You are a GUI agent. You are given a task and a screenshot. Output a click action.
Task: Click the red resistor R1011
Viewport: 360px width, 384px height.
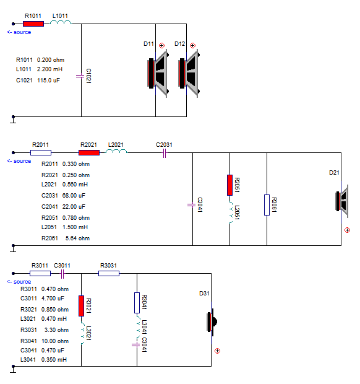(33, 24)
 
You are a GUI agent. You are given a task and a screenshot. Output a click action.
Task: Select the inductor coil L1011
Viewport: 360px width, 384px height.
(61, 22)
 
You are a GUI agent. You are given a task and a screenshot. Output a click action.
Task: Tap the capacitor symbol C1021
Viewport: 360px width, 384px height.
(80, 76)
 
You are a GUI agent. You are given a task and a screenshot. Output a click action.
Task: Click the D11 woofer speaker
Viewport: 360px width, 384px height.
(158, 73)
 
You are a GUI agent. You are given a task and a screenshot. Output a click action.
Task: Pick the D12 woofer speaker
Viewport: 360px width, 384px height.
(189, 73)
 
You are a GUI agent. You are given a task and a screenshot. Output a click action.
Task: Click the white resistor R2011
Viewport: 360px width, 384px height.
(41, 152)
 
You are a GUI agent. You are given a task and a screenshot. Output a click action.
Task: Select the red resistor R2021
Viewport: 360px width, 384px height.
(89, 152)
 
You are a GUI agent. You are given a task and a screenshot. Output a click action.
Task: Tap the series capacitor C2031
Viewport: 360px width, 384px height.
(165, 154)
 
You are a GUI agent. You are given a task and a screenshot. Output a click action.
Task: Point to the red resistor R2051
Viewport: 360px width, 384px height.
(229, 185)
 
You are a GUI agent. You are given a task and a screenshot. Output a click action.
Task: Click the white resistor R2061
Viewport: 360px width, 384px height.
(267, 205)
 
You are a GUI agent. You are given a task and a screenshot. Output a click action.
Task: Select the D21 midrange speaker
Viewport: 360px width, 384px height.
(342, 201)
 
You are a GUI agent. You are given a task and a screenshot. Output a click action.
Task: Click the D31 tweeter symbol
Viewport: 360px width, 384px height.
(212, 322)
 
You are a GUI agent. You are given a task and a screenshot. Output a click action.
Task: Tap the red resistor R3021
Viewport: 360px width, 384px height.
(82, 306)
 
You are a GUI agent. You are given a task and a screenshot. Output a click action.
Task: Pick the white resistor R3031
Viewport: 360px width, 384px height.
(109, 273)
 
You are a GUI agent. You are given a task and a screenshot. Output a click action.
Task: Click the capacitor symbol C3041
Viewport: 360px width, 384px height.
(135, 345)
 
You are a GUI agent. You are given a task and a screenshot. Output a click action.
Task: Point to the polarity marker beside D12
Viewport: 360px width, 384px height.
(193, 46)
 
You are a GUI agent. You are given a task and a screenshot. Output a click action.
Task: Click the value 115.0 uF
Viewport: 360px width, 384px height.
(48, 81)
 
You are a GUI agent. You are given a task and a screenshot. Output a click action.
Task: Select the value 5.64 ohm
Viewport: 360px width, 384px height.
(77, 238)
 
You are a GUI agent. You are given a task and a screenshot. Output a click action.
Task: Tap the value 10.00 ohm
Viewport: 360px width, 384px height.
(55, 341)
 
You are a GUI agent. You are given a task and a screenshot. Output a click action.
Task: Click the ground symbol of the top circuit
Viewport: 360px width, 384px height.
(13, 120)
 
